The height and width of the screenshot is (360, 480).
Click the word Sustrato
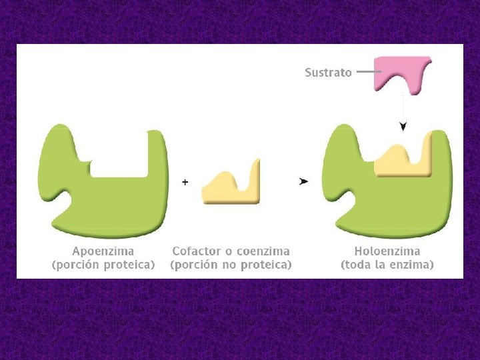328,72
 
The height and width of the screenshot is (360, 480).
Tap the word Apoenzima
103,251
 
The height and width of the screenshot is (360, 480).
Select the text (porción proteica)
103,265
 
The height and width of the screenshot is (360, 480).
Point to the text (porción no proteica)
231,265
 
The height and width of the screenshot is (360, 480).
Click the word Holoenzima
387,251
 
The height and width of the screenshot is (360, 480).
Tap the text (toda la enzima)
387,265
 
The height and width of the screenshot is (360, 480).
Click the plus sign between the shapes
185,181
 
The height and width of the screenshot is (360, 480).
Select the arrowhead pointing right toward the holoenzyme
304,181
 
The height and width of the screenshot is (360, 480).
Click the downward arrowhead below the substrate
403,126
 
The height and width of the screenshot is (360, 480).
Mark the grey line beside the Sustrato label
365,71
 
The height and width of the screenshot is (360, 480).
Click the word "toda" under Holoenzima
363,265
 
